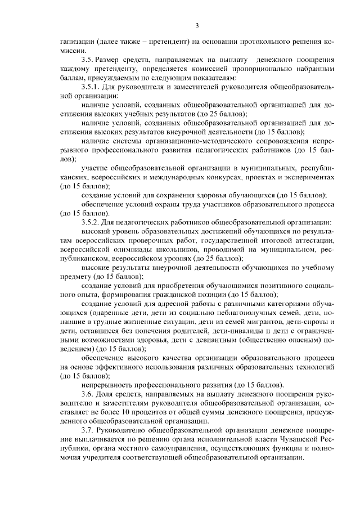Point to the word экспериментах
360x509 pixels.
pos(311,177)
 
